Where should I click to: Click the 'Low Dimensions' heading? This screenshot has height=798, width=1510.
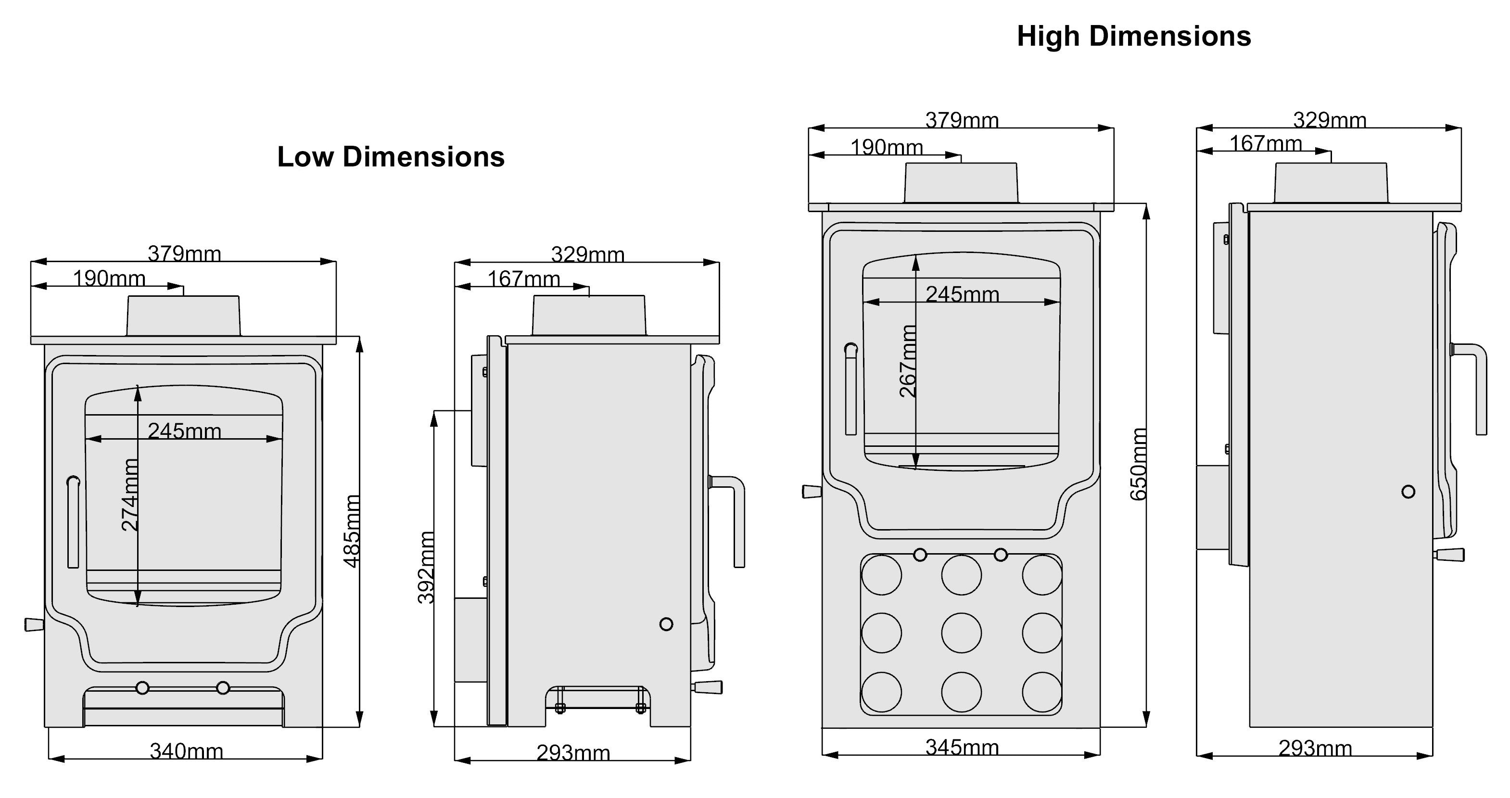pyautogui.click(x=391, y=157)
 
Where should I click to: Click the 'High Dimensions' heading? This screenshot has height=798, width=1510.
pyautogui.click(x=1134, y=37)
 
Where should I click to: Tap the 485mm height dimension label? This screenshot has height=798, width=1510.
pyautogui.click(x=351, y=531)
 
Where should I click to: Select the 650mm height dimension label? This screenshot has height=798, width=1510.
pyautogui.click(x=1138, y=464)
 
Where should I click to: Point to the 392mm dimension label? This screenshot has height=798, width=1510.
pyautogui.click(x=426, y=567)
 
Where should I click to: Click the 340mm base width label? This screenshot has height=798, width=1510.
pyautogui.click(x=187, y=751)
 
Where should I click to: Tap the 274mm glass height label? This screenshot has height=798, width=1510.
pyautogui.click(x=129, y=495)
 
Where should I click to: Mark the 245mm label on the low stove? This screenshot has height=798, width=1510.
pyautogui.click(x=185, y=431)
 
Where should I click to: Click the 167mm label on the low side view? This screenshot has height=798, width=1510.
pyautogui.click(x=524, y=279)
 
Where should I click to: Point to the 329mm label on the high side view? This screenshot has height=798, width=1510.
pyautogui.click(x=1330, y=120)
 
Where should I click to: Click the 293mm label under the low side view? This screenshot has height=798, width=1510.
pyautogui.click(x=573, y=753)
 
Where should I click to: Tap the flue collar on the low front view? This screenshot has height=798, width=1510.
pyautogui.click(x=183, y=316)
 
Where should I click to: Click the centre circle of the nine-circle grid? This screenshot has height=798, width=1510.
pyautogui.click(x=961, y=633)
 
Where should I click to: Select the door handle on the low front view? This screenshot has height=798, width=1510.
pyautogui.click(x=73, y=522)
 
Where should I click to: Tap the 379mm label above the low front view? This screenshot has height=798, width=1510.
pyautogui.click(x=184, y=254)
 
